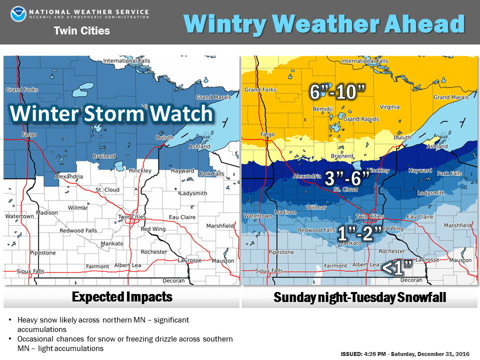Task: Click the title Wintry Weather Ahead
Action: [x=324, y=23]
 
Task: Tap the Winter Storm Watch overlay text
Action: [x=111, y=114]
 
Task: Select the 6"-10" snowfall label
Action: [x=337, y=91]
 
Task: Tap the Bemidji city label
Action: [x=322, y=108]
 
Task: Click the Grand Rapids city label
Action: [x=360, y=119]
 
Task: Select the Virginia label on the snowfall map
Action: [x=389, y=106]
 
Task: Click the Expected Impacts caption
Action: [x=122, y=297]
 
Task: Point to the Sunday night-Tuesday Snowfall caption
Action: [x=359, y=297]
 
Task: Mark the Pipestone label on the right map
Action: [x=280, y=252]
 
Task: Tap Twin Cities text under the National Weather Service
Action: [x=81, y=31]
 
